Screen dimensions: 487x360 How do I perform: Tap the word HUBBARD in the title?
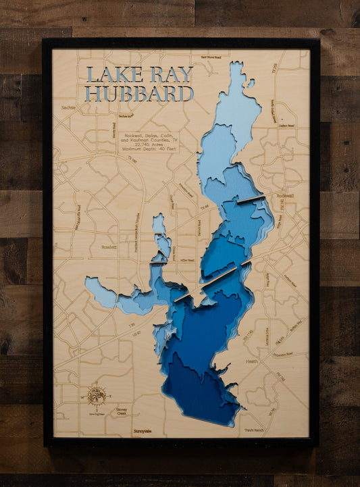click(140, 93)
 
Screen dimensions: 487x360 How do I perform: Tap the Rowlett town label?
click(108, 247)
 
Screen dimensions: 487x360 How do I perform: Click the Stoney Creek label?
click(121, 411)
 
